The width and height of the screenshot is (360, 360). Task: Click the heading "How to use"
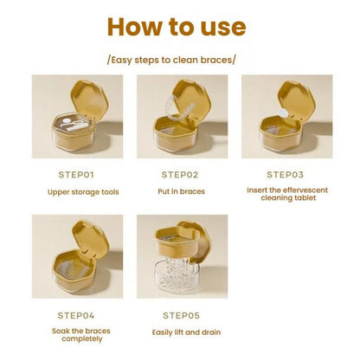coord(177,27)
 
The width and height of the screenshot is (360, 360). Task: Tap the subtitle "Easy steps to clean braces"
coord(171,60)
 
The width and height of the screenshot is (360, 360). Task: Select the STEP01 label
coord(76,175)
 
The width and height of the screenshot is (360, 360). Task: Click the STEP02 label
coord(180,175)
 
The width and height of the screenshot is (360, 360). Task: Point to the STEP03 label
coord(285,175)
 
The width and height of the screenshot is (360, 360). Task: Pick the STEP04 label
coord(76,315)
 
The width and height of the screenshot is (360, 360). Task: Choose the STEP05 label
coord(181,315)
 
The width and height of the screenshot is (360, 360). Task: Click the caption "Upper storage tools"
coord(83,192)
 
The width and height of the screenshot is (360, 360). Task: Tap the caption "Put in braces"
coord(181,191)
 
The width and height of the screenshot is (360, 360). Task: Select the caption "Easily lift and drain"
coord(186,332)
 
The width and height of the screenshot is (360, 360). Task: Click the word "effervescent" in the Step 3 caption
coord(305,190)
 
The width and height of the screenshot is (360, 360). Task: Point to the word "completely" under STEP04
coord(82,338)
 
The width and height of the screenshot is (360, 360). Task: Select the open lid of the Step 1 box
coord(89,99)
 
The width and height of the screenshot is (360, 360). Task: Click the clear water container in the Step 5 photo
coord(176,274)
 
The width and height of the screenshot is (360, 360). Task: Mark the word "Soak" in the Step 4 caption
coord(60,331)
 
